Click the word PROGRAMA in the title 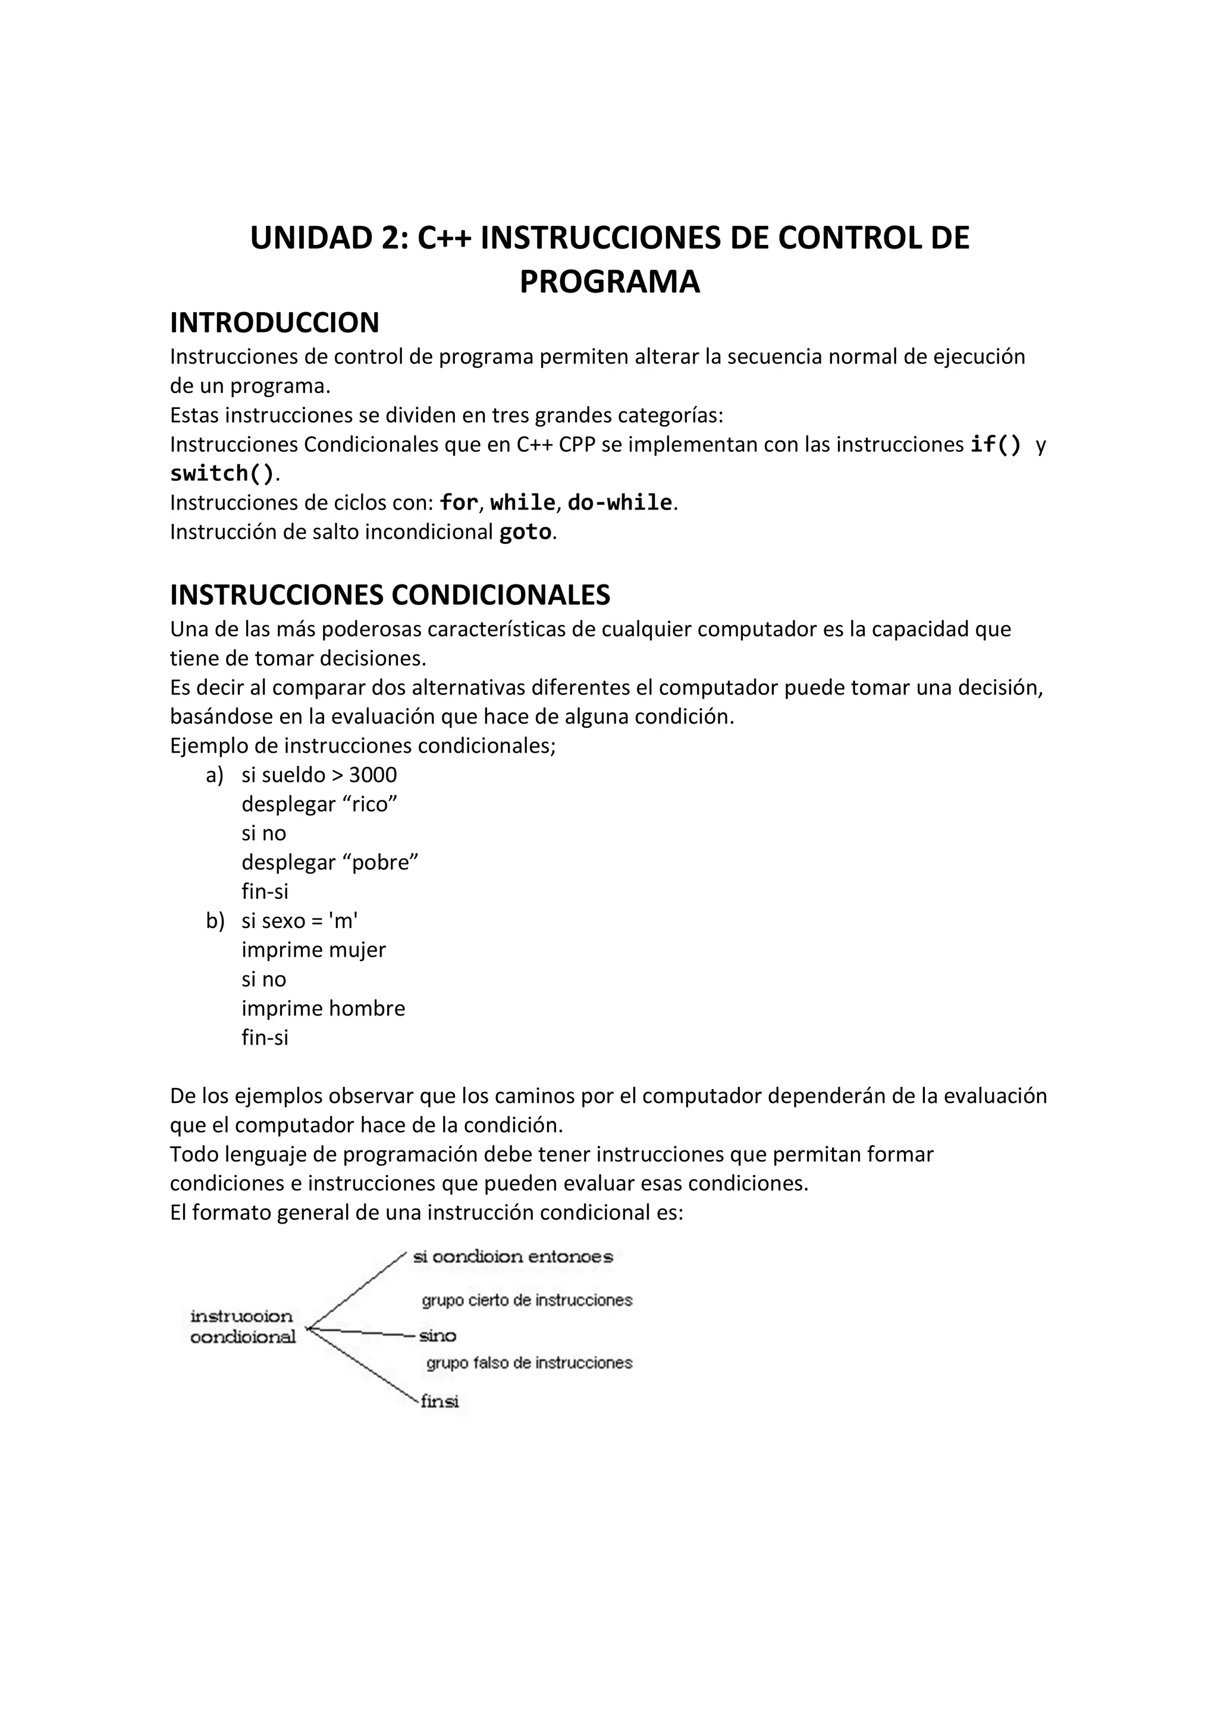610,282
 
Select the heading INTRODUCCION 275,323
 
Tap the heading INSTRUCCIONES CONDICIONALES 390,595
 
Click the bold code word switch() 222,473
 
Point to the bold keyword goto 525,532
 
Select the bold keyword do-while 620,503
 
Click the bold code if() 995,444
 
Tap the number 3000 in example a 373,775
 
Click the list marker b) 215,921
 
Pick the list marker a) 215,775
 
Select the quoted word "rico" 370,804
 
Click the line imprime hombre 323,1008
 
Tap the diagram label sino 438,1336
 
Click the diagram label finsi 439,1401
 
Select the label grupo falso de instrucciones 529,1363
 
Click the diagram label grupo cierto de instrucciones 527,1300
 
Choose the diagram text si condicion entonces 513,1257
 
